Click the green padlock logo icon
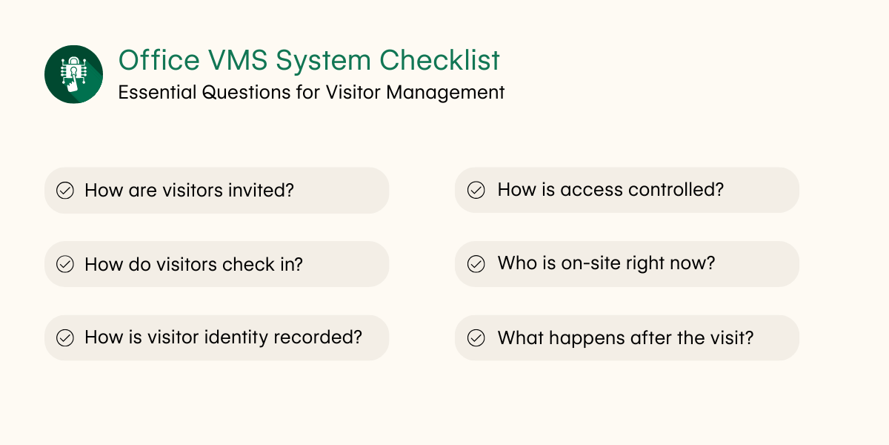pos(73,74)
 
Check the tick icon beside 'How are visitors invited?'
pos(65,191)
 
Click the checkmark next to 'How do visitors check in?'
pos(65,264)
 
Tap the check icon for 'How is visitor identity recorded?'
pos(65,338)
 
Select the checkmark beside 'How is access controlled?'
pos(476,190)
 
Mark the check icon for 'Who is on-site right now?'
pos(476,264)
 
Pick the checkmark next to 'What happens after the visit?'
pos(476,338)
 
